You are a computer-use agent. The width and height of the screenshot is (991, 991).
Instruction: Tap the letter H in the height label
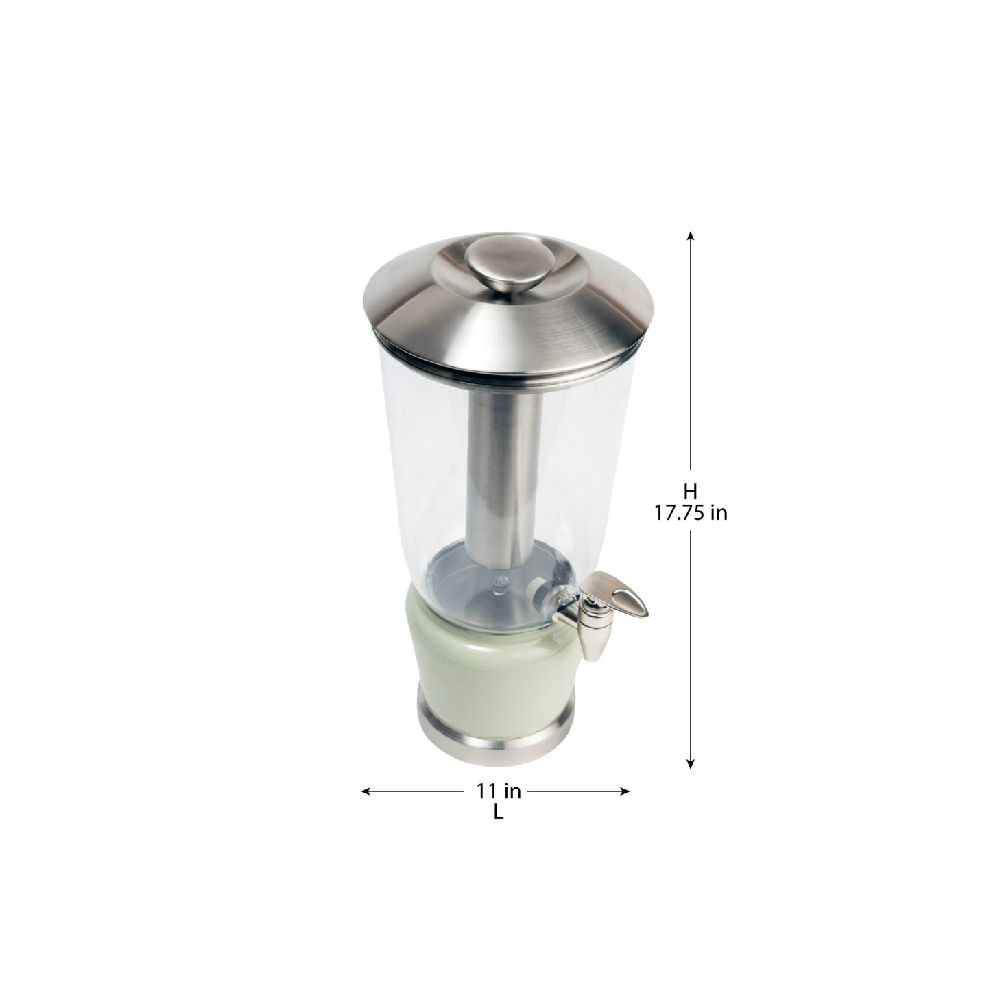pyautogui.click(x=690, y=491)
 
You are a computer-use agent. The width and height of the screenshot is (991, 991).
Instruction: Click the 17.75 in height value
pyautogui.click(x=690, y=513)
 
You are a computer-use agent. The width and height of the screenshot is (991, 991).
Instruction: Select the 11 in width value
pyautogui.click(x=499, y=791)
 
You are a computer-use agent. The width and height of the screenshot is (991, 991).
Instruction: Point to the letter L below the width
pyautogui.click(x=498, y=813)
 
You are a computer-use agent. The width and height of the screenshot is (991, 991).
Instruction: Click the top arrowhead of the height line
pyautogui.click(x=691, y=235)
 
